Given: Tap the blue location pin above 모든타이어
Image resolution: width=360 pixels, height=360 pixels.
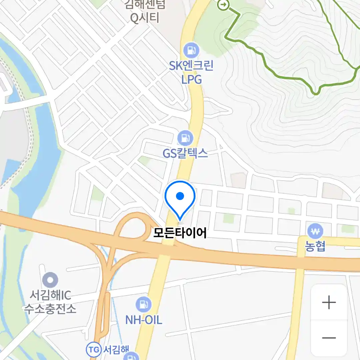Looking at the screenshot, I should click(x=180, y=197).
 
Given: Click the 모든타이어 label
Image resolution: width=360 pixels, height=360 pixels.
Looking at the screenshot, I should click(x=180, y=233).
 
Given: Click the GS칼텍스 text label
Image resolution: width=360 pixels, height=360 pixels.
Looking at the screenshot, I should click(x=185, y=153).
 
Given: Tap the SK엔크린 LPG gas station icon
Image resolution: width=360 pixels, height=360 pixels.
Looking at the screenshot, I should click(x=191, y=51).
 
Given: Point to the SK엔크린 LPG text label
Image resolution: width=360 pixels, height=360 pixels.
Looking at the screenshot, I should click(x=191, y=73).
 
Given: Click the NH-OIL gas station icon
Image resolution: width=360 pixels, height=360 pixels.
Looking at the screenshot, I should click(x=144, y=304).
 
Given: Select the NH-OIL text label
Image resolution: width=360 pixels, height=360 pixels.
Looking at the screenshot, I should click(x=144, y=320).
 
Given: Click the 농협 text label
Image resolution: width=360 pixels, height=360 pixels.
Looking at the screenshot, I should click(x=315, y=247).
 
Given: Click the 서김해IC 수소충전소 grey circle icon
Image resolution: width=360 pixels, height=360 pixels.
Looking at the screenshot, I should click(x=50, y=280).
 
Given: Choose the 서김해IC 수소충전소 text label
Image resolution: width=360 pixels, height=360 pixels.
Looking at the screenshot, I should click(x=50, y=302).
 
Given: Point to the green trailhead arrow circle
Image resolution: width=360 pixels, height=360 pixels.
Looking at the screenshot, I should click(x=223, y=5).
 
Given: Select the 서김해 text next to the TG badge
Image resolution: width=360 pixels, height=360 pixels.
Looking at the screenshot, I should click(x=114, y=350).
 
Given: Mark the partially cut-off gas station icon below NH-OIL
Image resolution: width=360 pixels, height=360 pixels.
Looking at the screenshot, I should click(x=131, y=356).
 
